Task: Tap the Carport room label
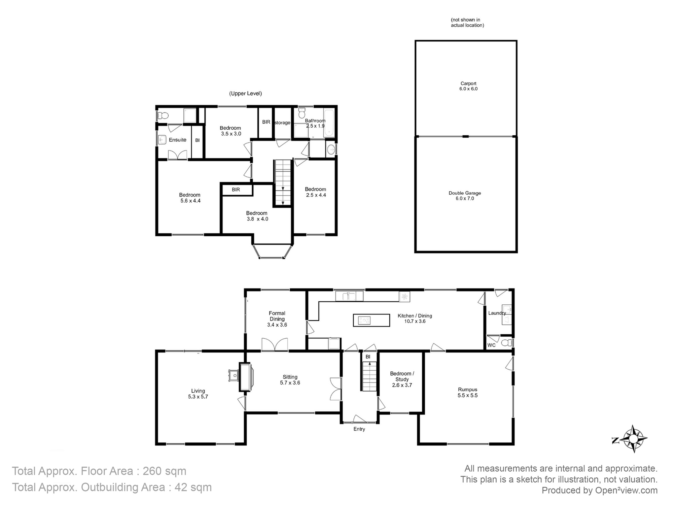tap(468, 83)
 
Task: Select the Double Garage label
tap(465, 193)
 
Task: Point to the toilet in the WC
tap(507, 343)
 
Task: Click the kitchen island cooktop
tap(364, 320)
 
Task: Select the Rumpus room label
tap(467, 390)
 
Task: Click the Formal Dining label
tap(277, 316)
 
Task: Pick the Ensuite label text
tap(177, 140)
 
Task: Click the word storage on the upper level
tap(282, 123)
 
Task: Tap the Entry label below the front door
tap(359, 429)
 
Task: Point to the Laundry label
tap(497, 313)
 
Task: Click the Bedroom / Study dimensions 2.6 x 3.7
tap(402, 385)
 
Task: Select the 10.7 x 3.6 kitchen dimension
tap(415, 322)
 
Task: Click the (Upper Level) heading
tap(245, 94)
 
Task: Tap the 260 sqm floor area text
tap(165, 471)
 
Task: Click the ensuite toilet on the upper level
tap(163, 116)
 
